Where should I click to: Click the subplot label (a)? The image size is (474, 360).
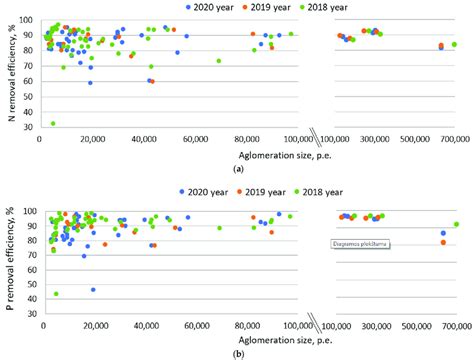[237, 172]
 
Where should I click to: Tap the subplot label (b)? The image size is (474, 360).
[237, 355]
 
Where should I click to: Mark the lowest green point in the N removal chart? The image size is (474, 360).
[53, 124]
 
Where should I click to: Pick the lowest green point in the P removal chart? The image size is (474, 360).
[56, 294]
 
